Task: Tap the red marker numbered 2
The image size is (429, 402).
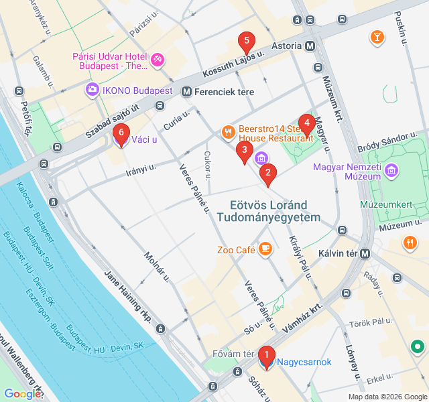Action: click(268, 174)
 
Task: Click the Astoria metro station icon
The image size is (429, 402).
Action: click(310, 47)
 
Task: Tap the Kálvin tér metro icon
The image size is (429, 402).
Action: click(365, 254)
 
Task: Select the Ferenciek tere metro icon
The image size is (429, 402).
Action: click(186, 92)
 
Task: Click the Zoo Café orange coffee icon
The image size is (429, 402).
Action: click(265, 249)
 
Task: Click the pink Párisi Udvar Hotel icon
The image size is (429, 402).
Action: click(158, 61)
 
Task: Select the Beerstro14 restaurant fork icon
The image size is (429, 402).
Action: click(228, 131)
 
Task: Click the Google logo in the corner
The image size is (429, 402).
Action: click(22, 394)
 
